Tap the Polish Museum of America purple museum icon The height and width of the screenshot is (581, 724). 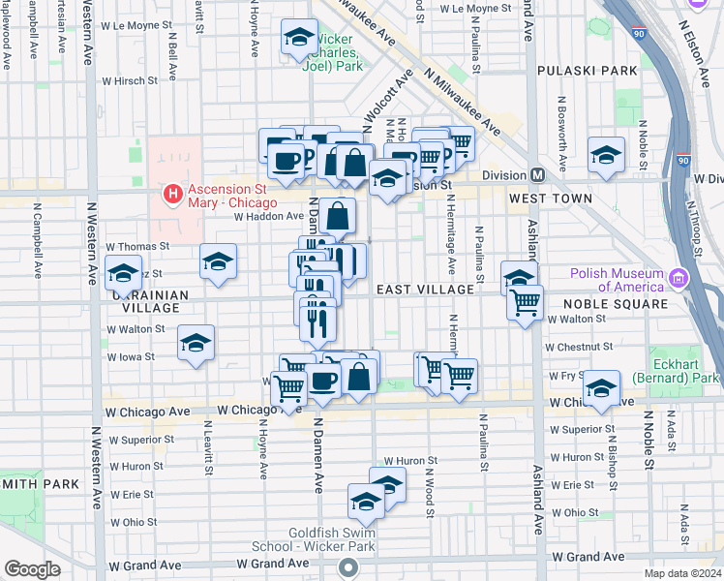678,279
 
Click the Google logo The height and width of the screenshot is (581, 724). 32,568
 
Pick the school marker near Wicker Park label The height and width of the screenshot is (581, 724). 299,38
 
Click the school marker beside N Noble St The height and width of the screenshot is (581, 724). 607,155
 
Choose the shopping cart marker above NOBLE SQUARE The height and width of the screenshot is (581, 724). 525,302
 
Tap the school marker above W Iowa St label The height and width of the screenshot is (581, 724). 196,343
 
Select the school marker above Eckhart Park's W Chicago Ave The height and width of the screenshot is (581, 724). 602,387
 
